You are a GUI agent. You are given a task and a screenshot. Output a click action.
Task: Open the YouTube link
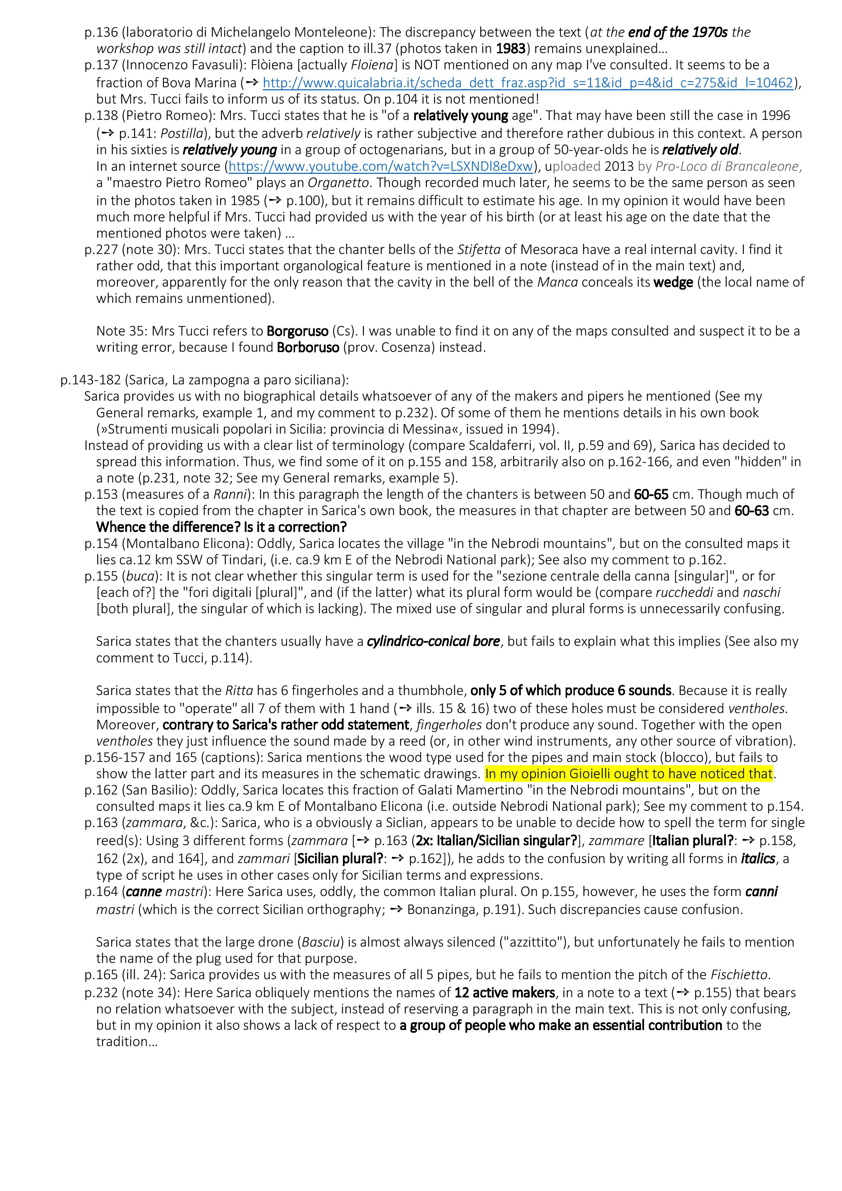381,166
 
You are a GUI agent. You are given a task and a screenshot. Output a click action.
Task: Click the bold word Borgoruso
297,331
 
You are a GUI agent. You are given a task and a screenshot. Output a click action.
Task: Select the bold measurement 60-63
752,511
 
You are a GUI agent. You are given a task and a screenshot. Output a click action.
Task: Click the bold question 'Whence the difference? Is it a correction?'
221,528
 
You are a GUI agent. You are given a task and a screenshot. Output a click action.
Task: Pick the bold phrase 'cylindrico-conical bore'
433,642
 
